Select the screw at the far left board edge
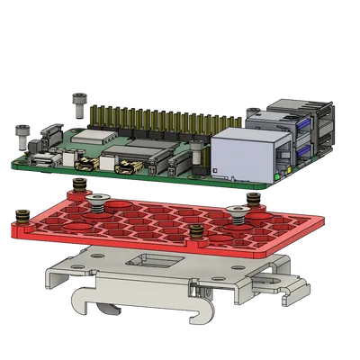[21, 134]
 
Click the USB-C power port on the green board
[42, 161]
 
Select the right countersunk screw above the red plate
[238, 212]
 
